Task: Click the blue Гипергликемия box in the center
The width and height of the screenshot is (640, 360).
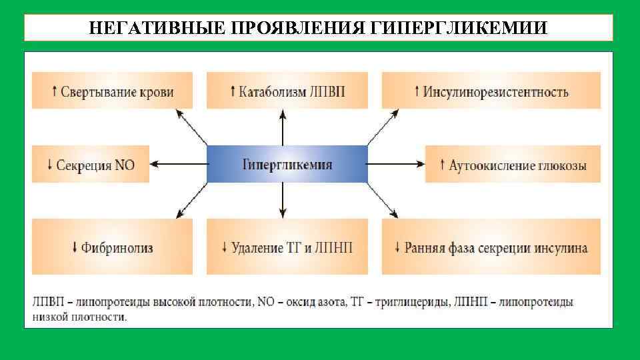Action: tap(287, 163)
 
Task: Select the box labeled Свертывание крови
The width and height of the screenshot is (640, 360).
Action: tap(112, 91)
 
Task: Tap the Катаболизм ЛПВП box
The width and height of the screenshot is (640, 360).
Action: tap(287, 91)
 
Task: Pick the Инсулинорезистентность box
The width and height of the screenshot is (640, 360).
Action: tap(491, 91)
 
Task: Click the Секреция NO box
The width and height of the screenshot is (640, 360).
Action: tap(91, 163)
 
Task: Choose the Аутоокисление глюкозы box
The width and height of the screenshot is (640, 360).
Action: tap(513, 163)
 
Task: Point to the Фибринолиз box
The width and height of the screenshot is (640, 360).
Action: tap(112, 247)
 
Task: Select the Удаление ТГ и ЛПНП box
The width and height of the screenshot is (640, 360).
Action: tap(287, 247)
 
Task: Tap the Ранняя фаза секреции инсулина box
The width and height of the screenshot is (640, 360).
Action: tap(491, 247)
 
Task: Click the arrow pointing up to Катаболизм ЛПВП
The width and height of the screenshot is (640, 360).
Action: tap(283, 128)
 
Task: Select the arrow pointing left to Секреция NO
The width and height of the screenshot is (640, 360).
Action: tap(179, 163)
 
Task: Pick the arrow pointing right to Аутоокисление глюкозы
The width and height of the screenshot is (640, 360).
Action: tap(396, 163)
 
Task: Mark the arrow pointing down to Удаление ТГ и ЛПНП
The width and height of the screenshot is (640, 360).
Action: tap(283, 199)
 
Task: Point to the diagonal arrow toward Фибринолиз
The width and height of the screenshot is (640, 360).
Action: tap(191, 199)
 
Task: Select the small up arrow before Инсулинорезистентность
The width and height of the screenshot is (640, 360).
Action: tap(417, 91)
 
